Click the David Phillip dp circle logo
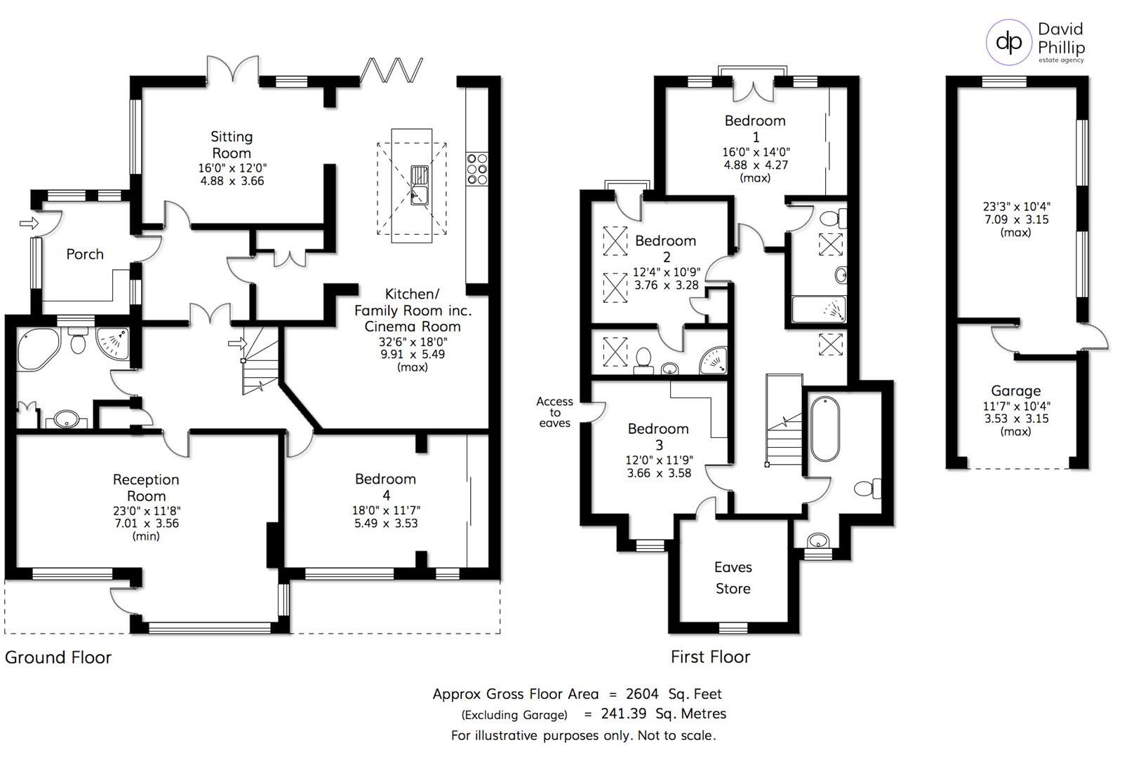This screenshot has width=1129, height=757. tap(1008, 42)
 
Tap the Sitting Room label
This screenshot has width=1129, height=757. tap(232, 144)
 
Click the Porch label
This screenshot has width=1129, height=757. tap(85, 254)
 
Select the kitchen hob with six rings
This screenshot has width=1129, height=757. tap(477, 169)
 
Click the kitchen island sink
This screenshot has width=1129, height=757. tap(420, 185)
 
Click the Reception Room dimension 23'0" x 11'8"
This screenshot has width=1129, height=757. tap(147, 510)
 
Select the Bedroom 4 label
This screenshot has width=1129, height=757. tap(386, 486)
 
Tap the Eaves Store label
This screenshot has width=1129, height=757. tap(733, 578)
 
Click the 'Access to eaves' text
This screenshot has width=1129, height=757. tap(554, 412)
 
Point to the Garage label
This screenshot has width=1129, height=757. tap(1015, 390)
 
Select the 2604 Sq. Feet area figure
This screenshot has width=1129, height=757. tap(674, 694)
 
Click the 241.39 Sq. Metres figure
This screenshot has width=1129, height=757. tap(664, 714)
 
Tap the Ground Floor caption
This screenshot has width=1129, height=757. tap(58, 657)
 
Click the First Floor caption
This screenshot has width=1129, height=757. tap(710, 657)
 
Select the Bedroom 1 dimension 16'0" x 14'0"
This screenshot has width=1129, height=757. tap(756, 152)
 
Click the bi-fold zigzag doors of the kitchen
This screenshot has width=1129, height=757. tap(392, 70)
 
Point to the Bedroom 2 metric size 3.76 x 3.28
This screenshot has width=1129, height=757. tap(667, 285)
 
